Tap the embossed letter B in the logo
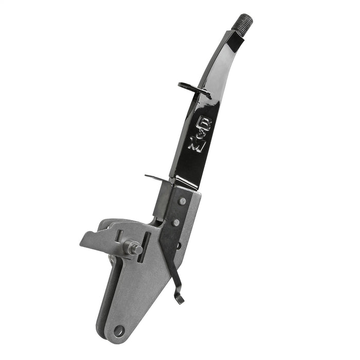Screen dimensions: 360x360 205,123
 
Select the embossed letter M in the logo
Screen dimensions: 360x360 196,145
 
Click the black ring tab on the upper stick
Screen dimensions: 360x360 191,87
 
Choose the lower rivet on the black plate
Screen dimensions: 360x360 176,222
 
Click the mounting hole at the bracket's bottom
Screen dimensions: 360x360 119,330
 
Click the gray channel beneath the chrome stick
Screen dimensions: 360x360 164,203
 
